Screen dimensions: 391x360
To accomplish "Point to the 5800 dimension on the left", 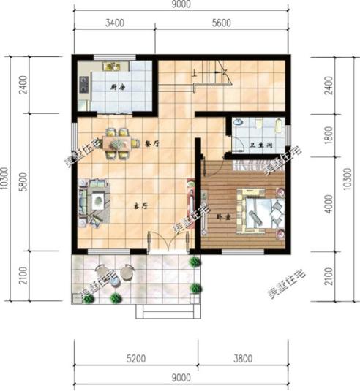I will (x=24, y=182).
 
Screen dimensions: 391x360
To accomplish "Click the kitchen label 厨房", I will (x=116, y=88).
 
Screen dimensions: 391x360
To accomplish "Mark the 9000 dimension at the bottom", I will (x=181, y=378).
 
